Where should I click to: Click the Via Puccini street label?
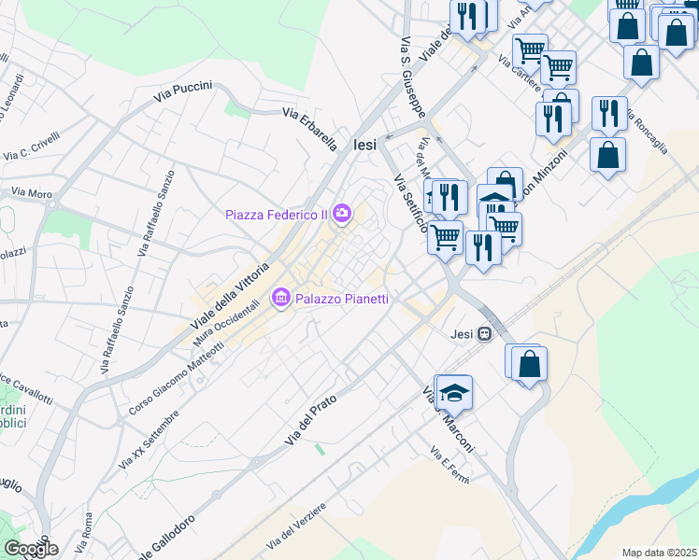184,91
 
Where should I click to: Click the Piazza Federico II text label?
277,215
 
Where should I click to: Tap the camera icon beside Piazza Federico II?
342,215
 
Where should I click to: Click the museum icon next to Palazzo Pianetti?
280,299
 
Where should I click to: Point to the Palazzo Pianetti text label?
342,299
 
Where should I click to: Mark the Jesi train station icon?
485,333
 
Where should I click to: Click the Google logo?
30,549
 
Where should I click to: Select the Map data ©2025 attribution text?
659,553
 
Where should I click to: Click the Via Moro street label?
31,193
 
